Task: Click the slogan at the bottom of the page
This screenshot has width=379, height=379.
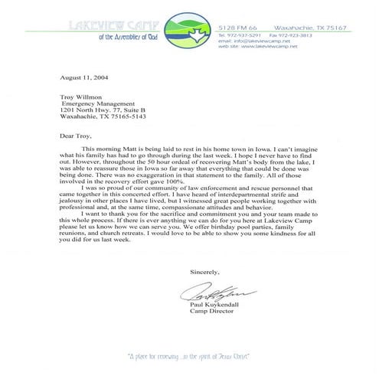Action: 189,356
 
